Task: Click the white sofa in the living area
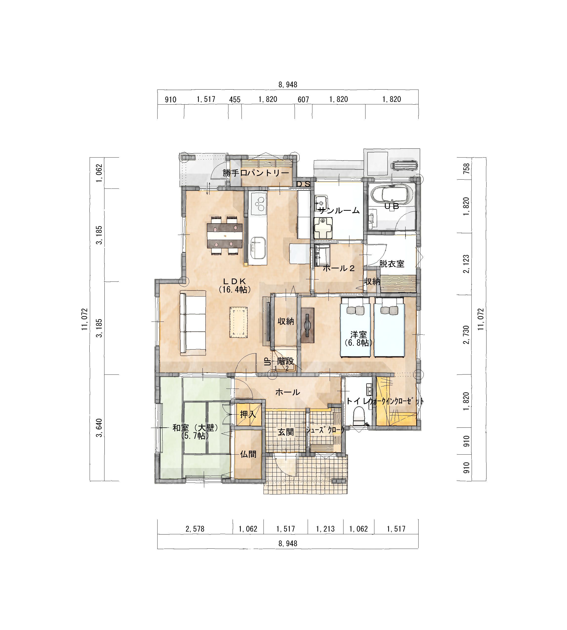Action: pos(193,323)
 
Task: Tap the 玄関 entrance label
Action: pos(286,432)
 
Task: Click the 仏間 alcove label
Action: pos(248,454)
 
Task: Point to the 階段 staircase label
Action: pos(285,362)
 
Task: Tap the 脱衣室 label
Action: pos(392,264)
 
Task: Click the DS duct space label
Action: pos(303,184)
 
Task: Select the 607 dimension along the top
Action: pos(304,99)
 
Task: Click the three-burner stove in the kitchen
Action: pos(259,204)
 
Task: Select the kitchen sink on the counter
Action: pos(258,248)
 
